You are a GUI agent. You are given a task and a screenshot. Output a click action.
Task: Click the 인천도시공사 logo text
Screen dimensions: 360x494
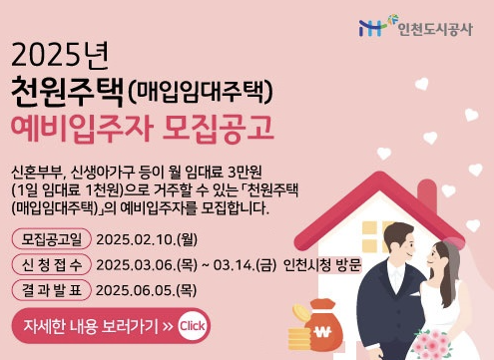tap(435, 27)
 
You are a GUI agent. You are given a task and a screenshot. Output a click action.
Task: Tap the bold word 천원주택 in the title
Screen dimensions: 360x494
tap(67, 92)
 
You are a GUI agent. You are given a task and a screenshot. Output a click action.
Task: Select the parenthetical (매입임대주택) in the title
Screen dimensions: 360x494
tap(201, 94)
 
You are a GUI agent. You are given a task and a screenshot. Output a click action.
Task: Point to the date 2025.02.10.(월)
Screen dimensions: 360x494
tap(147, 238)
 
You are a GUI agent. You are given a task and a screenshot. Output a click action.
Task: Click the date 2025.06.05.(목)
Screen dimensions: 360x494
tap(147, 290)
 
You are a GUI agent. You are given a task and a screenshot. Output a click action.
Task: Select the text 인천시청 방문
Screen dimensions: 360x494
tap(322, 264)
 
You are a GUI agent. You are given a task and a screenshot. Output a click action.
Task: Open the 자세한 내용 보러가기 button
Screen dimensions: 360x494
tap(96, 326)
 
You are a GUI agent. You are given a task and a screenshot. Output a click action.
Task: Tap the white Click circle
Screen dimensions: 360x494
tap(193, 326)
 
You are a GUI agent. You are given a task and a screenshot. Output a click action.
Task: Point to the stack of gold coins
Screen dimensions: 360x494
tap(298, 321)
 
